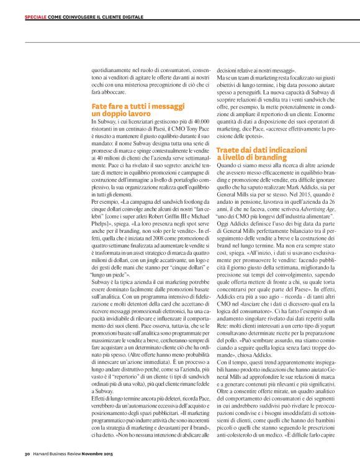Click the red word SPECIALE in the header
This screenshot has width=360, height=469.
pyautogui.click(x=37, y=17)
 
